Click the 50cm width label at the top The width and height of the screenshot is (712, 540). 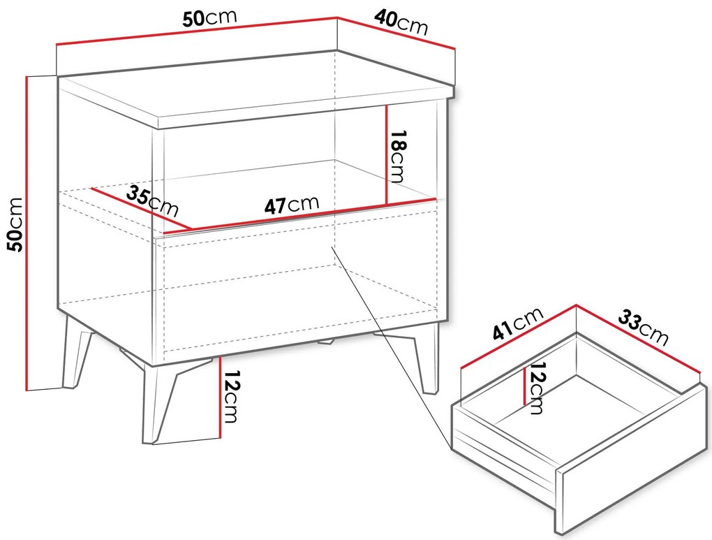point(209,18)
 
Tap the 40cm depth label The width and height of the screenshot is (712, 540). point(401,23)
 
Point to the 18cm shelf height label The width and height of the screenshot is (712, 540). point(397,156)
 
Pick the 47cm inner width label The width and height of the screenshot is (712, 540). point(292,205)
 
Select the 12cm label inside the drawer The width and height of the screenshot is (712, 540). point(537,388)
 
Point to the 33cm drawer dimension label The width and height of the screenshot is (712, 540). point(643,327)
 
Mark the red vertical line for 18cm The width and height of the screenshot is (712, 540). point(386,155)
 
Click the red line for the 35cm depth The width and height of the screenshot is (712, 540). point(141,208)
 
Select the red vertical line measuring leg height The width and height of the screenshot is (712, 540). point(219,396)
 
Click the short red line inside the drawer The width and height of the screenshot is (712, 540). point(525,386)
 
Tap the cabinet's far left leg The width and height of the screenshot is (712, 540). point(76,352)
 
